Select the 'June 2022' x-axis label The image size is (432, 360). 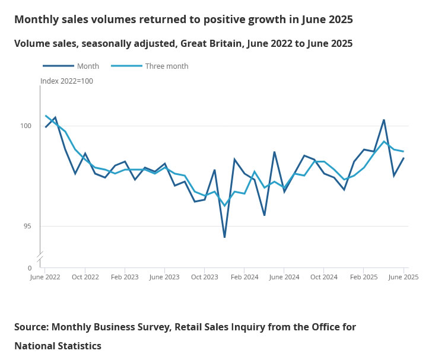45,277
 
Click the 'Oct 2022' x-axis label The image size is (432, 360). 85,277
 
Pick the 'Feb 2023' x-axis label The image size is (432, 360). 125,277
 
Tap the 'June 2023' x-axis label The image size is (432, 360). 164,277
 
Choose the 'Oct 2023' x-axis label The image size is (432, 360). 204,277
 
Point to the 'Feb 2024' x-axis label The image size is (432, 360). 244,277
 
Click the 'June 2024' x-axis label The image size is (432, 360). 284,277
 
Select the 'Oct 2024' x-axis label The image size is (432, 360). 324,277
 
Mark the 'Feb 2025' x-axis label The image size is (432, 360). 364,277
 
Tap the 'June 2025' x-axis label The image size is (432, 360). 403,277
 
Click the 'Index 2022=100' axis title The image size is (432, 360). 66,81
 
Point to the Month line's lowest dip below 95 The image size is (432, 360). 224,237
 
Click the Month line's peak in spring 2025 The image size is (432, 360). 384,120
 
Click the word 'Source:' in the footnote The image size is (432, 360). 31,327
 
